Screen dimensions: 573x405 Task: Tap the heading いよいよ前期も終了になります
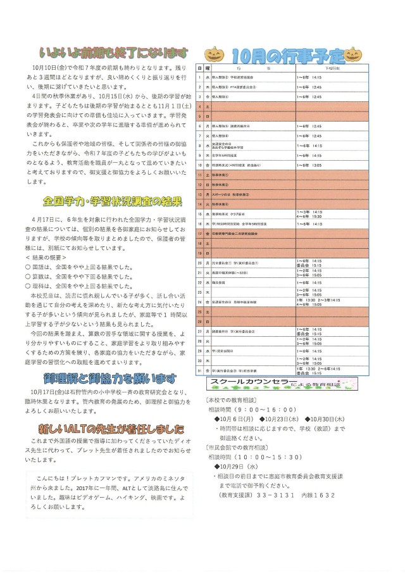click(113, 51)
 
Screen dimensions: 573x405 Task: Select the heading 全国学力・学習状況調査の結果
click(113, 202)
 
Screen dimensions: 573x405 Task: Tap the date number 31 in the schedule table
click(199, 370)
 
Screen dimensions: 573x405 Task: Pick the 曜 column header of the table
click(207, 67)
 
